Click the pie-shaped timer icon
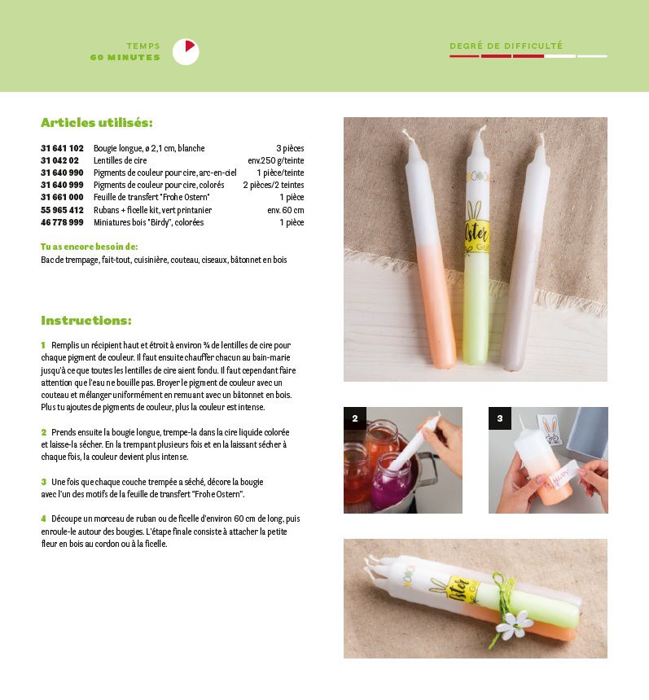[186, 52]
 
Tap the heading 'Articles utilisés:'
[96, 122]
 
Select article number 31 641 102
[62, 148]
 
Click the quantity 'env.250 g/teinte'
[275, 160]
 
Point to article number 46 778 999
[62, 222]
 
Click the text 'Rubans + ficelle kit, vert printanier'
[153, 210]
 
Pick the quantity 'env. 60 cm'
[286, 210]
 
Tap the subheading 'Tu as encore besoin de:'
[90, 247]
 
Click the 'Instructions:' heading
[86, 321]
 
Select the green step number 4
[43, 518]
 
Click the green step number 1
[43, 345]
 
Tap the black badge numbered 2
[355, 418]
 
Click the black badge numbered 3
[500, 418]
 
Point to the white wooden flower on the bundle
[514, 623]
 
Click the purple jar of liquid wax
[392, 483]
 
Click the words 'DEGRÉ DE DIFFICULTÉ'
[506, 46]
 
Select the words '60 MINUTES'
[125, 58]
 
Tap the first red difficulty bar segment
[464, 56]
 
